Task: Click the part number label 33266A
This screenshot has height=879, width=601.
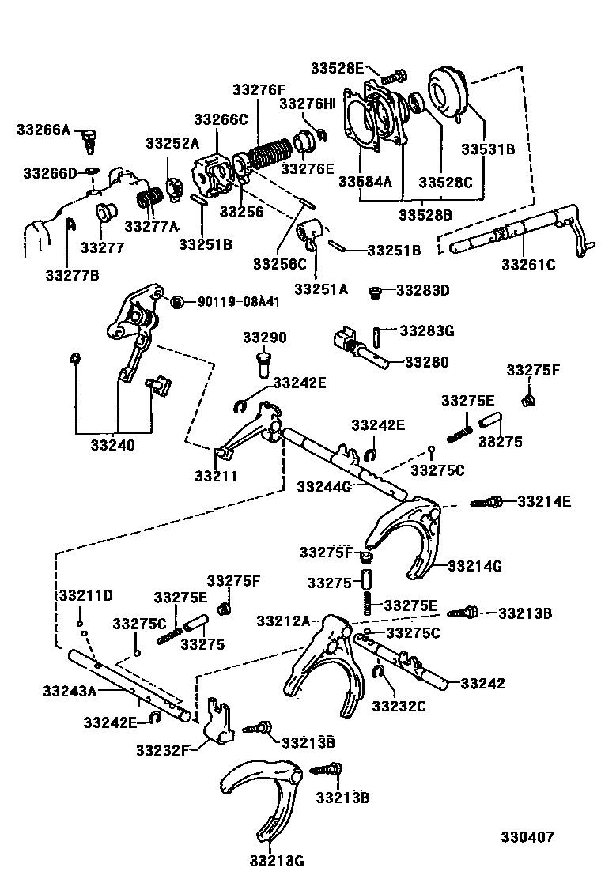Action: (44, 129)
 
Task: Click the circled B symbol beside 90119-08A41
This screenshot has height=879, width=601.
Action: (178, 301)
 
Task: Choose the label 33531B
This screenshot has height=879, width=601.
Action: (489, 148)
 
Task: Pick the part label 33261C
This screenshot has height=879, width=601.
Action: (528, 264)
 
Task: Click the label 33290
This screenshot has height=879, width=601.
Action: (264, 338)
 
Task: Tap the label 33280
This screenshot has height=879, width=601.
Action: (426, 363)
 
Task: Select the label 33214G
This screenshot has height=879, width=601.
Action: (474, 566)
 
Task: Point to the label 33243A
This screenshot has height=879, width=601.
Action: (70, 691)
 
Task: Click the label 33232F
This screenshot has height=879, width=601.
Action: (162, 749)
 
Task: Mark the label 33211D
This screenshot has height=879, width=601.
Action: (85, 594)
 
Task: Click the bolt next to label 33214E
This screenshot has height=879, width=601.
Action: (487, 501)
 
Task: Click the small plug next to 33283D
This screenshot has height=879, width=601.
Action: (376, 292)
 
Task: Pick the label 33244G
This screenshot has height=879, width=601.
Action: (324, 485)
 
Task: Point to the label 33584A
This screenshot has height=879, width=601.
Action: (365, 181)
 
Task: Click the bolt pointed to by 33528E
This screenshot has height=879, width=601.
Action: (393, 77)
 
